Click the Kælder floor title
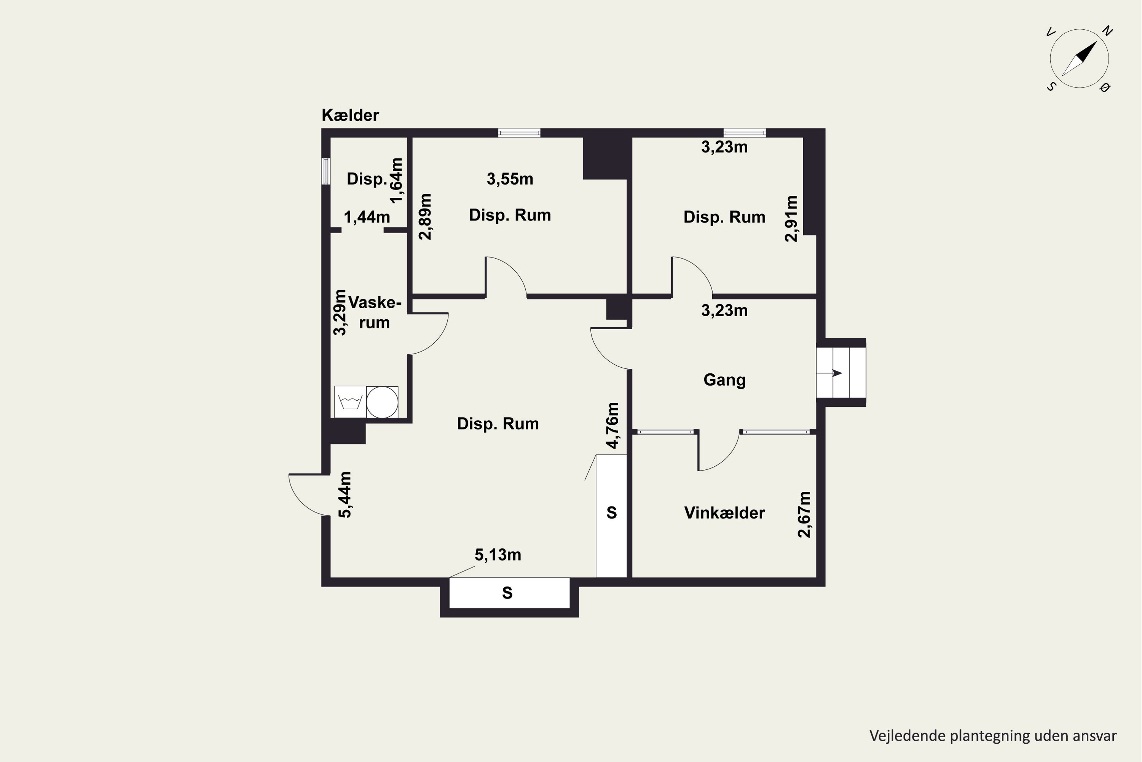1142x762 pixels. pos(350,115)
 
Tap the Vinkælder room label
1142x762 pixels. pos(724,513)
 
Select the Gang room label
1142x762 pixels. pos(724,380)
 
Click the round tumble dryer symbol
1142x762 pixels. pos(382,402)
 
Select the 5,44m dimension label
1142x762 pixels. pos(345,495)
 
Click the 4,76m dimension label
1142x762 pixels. pos(613,425)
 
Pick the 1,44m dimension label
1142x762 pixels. pos(367,217)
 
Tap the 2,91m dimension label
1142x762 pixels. pos(791,219)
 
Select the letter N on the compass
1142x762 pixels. pos(1107,31)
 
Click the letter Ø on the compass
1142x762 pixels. pos(1105,88)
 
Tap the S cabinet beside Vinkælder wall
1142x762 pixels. pos(611,516)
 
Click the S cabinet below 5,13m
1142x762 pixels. pos(509,593)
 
